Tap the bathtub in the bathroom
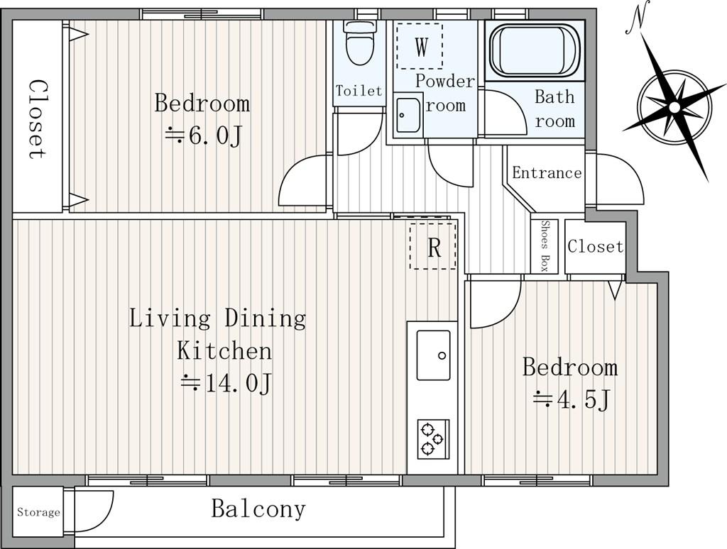(x=535, y=50)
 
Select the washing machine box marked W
(x=420, y=46)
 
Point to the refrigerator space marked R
(x=433, y=245)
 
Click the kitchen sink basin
(x=433, y=355)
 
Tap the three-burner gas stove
(x=433, y=439)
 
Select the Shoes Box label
(x=545, y=245)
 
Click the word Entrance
(x=547, y=173)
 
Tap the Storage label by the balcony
(x=38, y=512)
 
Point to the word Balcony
(x=258, y=509)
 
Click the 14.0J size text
(x=226, y=383)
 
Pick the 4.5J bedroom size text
(x=571, y=399)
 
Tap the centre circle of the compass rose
(x=674, y=108)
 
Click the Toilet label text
(x=359, y=90)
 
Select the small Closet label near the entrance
(x=596, y=246)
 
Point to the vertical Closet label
(x=38, y=120)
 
